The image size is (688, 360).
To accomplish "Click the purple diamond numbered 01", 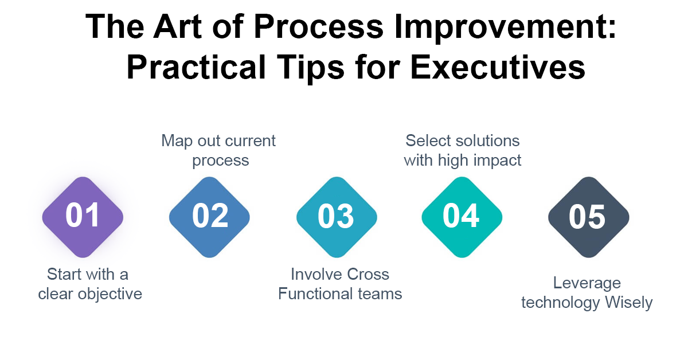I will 83,217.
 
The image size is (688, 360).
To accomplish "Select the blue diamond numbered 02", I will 210,217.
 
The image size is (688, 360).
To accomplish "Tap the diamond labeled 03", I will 337,217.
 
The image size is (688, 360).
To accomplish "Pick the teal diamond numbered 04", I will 462,217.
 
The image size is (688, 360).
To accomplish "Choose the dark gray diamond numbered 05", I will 588,217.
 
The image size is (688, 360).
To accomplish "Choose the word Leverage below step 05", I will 587,283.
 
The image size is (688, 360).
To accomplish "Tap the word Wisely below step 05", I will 628,303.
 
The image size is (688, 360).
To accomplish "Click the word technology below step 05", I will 560,303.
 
